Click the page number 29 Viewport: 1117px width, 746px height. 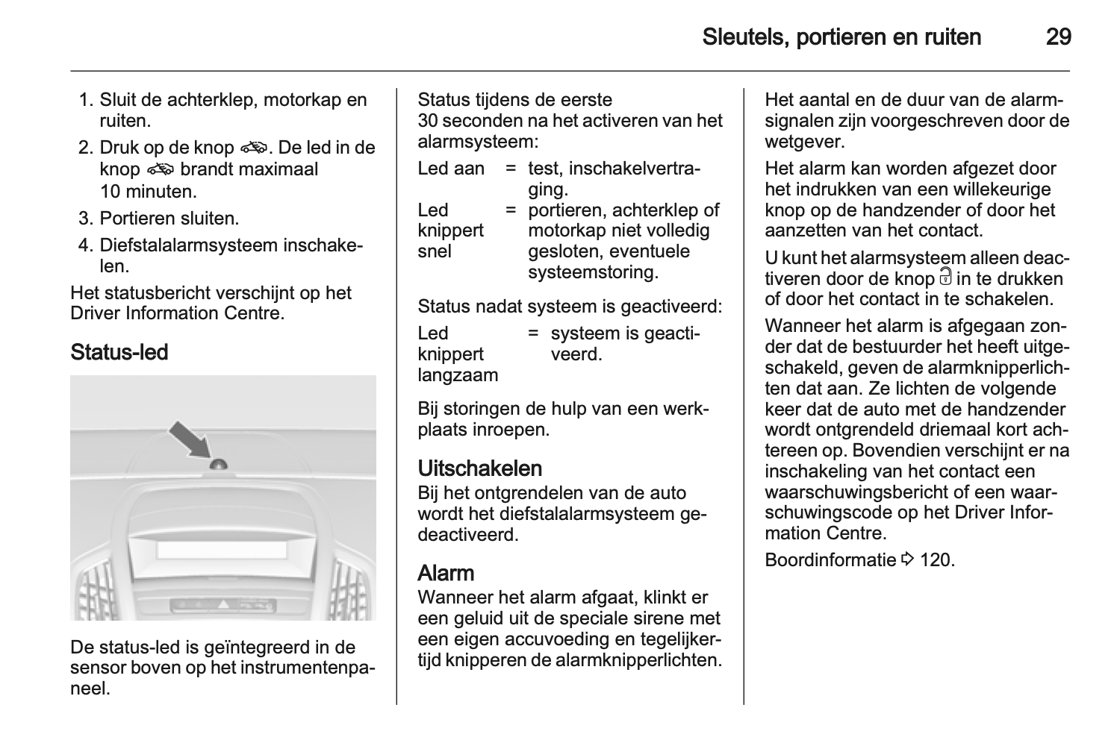tap(1058, 37)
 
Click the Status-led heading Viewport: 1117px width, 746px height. tap(119, 352)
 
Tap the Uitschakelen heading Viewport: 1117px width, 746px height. tap(479, 468)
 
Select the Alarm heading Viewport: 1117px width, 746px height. tap(446, 573)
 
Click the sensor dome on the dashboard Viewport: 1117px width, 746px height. tap(219, 464)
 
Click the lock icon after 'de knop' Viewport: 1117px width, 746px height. tap(945, 278)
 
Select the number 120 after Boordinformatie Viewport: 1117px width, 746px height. tap(937, 559)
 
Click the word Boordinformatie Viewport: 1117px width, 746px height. tap(830, 559)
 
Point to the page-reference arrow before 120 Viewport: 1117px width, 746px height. tap(908, 559)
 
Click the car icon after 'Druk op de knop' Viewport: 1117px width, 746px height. tap(255, 148)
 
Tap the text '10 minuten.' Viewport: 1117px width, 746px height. tap(148, 191)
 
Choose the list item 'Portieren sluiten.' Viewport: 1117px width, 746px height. tap(169, 219)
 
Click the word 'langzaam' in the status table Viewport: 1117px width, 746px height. tap(458, 375)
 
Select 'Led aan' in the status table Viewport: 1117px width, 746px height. tap(451, 169)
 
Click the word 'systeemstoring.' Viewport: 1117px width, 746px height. tap(593, 272)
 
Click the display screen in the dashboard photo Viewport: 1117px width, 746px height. tap(222, 550)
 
